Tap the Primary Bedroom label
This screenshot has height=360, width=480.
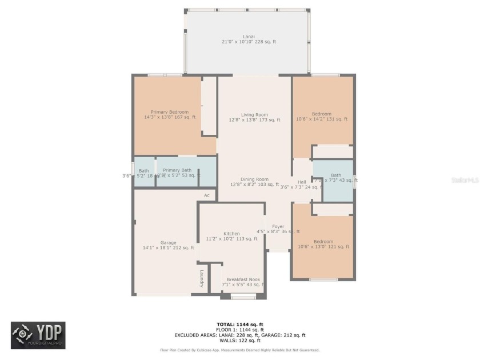(170, 112)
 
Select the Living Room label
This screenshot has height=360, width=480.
(254, 115)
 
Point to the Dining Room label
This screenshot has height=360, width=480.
(254, 179)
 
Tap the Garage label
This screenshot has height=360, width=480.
(168, 243)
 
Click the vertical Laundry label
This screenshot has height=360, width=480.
(202, 278)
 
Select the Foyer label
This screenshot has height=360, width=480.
(278, 226)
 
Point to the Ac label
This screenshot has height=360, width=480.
(207, 195)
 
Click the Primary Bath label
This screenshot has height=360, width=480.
(178, 170)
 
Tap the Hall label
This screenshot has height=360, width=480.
(302, 182)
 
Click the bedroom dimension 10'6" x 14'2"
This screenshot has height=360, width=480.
(322, 119)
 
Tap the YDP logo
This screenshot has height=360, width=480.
(38, 335)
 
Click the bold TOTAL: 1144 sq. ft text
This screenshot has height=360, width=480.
(240, 325)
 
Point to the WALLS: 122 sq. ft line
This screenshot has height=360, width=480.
(240, 340)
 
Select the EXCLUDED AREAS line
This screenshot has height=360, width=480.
(240, 335)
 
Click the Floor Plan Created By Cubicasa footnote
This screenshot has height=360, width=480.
(240, 350)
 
